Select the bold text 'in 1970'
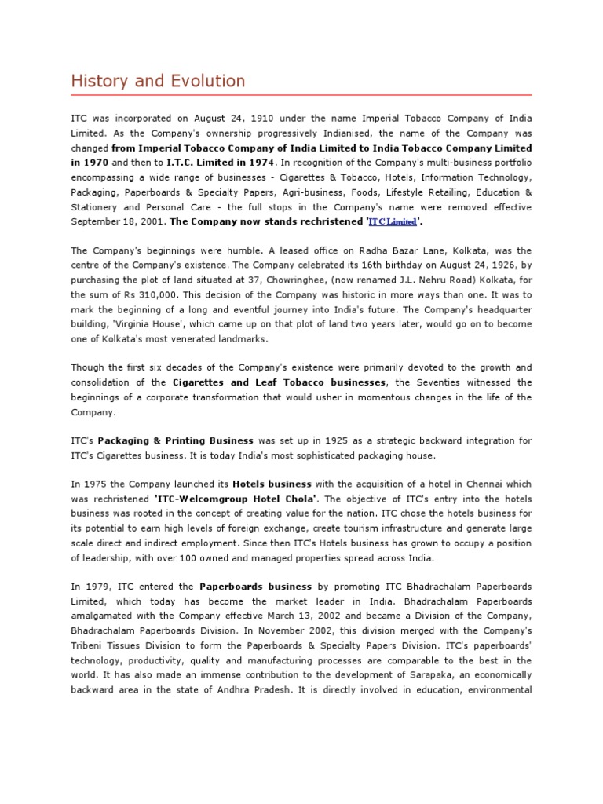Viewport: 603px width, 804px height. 89,163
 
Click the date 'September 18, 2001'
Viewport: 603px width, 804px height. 119,222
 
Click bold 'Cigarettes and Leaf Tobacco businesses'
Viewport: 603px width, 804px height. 280,382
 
